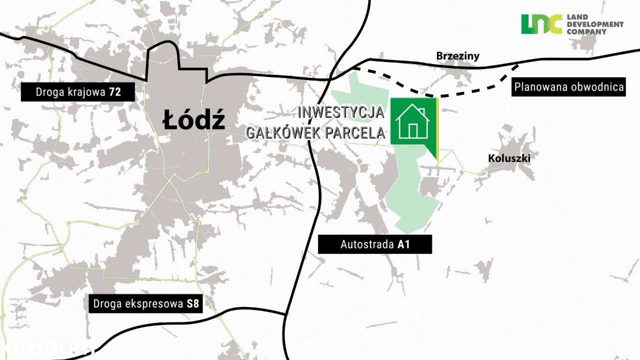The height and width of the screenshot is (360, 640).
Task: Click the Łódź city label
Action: pyautogui.click(x=193, y=120)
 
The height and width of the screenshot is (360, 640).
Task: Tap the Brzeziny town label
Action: pyautogui.click(x=457, y=56)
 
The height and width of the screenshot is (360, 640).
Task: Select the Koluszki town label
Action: pyautogui.click(x=508, y=158)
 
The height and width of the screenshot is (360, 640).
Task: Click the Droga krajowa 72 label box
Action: pyautogui.click(x=78, y=92)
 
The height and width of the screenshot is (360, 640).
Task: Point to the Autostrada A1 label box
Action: pyautogui.click(x=375, y=245)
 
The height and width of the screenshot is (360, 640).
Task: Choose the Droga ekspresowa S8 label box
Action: pyautogui.click(x=146, y=304)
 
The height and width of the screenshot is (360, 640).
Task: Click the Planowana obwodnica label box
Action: pyautogui.click(x=569, y=87)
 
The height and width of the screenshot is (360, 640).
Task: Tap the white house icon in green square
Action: pyautogui.click(x=412, y=121)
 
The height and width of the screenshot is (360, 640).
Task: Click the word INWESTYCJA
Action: pyautogui.click(x=341, y=112)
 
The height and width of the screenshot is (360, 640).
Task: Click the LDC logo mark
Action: pyautogui.click(x=541, y=24)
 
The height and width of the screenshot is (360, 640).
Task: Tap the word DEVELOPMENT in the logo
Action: pyautogui.click(x=595, y=24)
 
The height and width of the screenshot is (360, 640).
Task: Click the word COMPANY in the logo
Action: pyautogui.click(x=586, y=31)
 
